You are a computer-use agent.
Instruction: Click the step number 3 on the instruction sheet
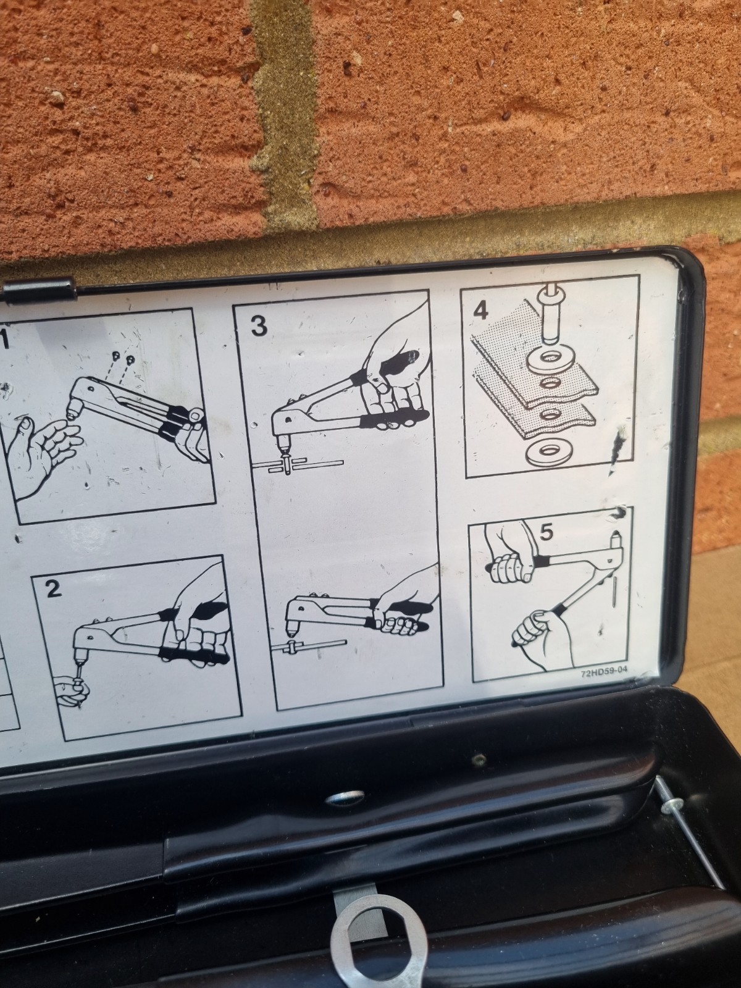259,325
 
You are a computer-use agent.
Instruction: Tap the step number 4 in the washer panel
482,310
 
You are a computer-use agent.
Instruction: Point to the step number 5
546,533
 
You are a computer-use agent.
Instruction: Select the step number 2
54,588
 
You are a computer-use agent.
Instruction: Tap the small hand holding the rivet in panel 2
73,691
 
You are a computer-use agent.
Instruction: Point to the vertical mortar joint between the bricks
284,112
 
